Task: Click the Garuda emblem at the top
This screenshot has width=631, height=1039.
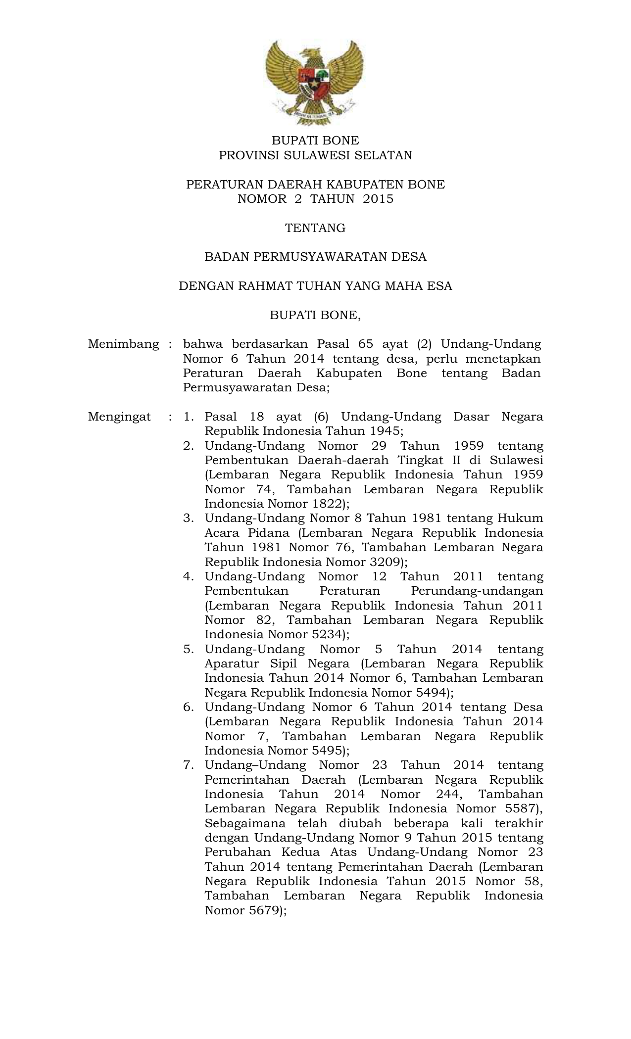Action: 315,82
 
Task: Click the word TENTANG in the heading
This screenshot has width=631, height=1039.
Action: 315,228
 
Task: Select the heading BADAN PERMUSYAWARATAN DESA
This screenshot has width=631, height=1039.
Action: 315,257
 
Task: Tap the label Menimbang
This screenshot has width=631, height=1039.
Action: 123,344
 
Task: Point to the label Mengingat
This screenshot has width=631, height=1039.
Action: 119,417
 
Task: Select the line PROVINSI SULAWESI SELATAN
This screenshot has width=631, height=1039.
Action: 315,155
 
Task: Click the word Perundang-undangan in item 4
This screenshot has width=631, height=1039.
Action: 477,591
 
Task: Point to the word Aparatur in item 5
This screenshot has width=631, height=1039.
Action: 229,664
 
